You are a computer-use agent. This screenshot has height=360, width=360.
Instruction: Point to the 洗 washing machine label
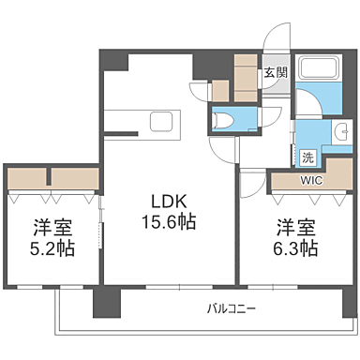(307, 157)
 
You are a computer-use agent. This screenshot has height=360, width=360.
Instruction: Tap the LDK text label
(169, 200)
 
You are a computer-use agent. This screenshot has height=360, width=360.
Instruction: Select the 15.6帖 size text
(170, 223)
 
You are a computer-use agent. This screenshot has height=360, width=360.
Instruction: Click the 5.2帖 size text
(52, 249)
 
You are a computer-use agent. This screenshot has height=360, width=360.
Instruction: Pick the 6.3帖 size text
(296, 248)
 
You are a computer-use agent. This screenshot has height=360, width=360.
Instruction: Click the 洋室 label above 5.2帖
(52, 227)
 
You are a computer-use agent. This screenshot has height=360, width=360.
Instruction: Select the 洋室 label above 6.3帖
(295, 226)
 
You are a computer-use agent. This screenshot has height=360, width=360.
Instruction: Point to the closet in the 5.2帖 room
(52, 177)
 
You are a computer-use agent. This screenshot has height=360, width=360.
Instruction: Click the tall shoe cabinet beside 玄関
(246, 77)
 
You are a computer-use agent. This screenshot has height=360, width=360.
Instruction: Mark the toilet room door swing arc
(270, 119)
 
